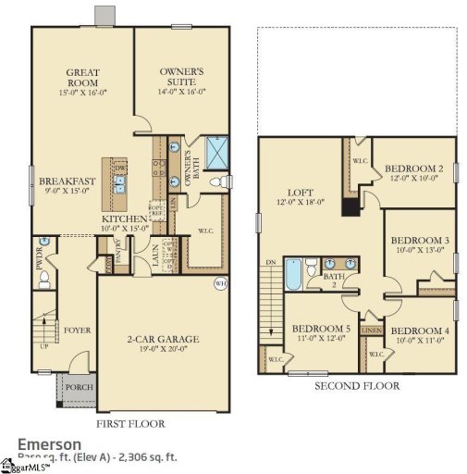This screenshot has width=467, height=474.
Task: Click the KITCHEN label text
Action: pyautogui.click(x=124, y=218)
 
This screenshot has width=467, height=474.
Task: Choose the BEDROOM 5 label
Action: pyautogui.click(x=321, y=329)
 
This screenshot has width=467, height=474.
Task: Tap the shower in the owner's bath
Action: pyautogui.click(x=218, y=152)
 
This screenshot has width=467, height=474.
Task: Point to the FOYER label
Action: pyautogui.click(x=75, y=328)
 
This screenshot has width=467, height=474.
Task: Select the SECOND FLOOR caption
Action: pyautogui.click(x=357, y=385)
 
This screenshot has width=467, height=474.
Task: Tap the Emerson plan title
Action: pyautogui.click(x=50, y=444)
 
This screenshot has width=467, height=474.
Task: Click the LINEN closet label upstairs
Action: pyautogui.click(x=372, y=330)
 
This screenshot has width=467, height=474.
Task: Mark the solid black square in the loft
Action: pyautogui.click(x=350, y=206)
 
